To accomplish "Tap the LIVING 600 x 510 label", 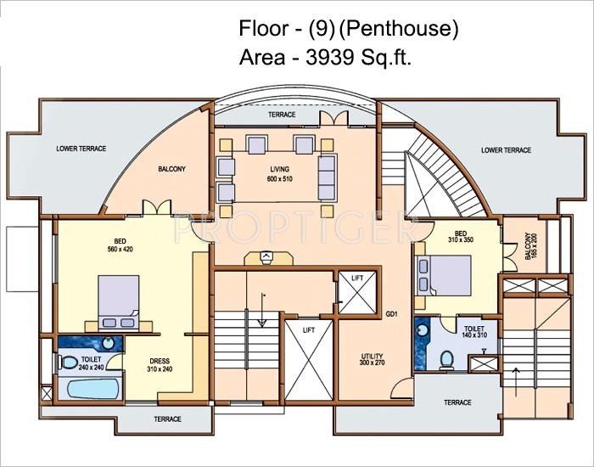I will tap(278, 175).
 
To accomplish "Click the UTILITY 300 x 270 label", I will tap(372, 357).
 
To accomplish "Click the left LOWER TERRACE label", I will tap(81, 149).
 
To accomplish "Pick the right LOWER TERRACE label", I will tap(506, 150).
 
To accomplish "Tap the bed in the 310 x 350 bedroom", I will tap(443, 274).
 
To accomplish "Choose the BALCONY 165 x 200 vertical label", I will tap(530, 246).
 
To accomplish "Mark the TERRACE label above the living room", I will tap(282, 115).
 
